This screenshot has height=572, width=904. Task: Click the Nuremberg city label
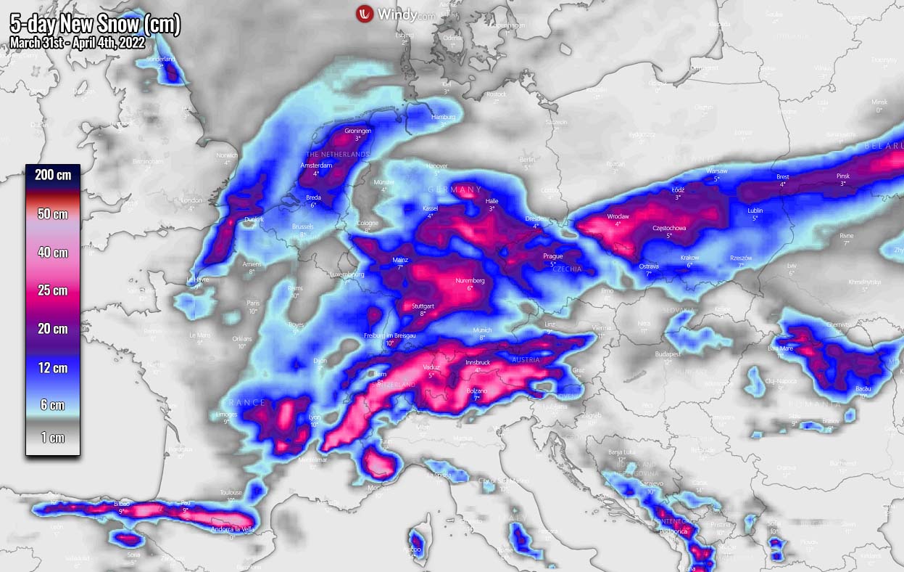pyautogui.click(x=470, y=280)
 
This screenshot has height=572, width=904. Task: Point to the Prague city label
pyautogui.click(x=553, y=256)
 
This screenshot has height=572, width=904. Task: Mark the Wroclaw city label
pyautogui.click(x=618, y=216)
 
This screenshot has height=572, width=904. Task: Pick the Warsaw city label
pyautogui.click(x=716, y=171)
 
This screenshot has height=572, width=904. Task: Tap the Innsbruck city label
pyautogui.click(x=478, y=362)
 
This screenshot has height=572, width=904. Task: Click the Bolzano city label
pyautogui.click(x=476, y=391)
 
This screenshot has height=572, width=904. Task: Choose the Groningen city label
pyautogui.click(x=358, y=131)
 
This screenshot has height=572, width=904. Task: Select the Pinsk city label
pyautogui.click(x=842, y=176)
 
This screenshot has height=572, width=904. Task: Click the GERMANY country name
pyautogui.click(x=455, y=189)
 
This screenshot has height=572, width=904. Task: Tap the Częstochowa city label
pyautogui.click(x=669, y=228)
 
